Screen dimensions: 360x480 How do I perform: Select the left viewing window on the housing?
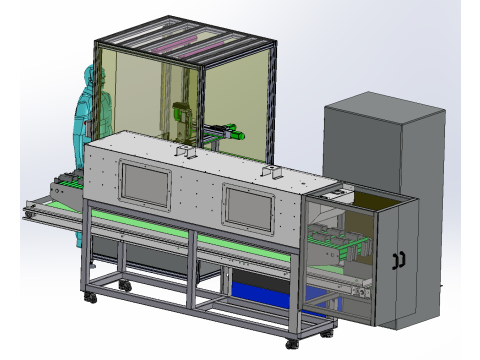[x=145, y=181]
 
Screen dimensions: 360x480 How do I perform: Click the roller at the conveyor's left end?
[x=28, y=207]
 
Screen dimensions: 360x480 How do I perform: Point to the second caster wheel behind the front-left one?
[x=124, y=286]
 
